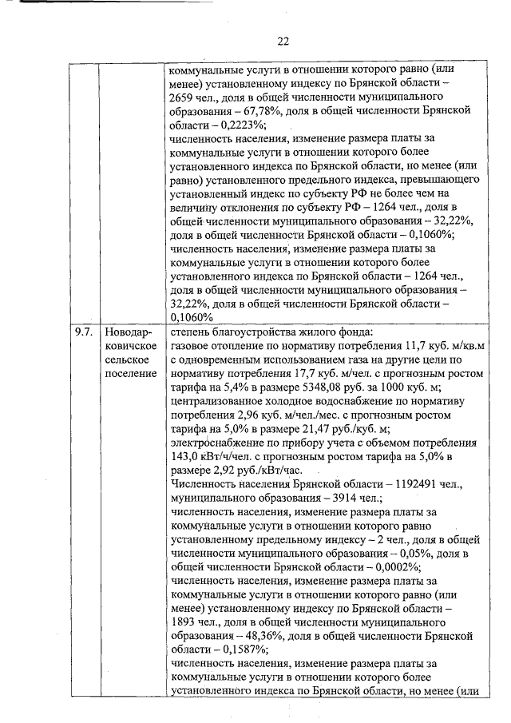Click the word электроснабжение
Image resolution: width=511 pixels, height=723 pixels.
pyautogui.click(x=219, y=441)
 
